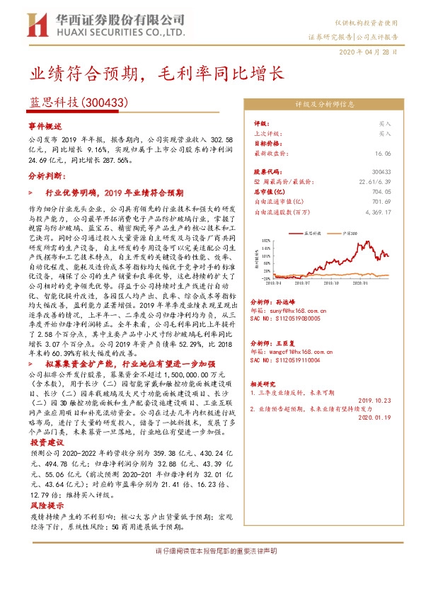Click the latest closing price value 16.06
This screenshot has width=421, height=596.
click(383, 152)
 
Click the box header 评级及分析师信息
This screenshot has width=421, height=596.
click(324, 104)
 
